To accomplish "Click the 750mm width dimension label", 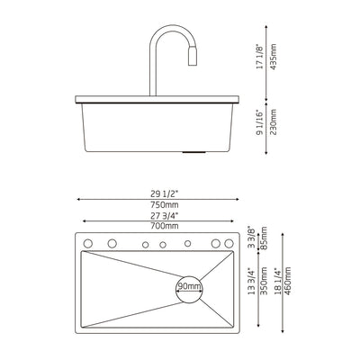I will (164, 203).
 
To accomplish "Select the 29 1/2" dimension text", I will (164, 191).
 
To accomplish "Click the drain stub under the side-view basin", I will (188, 154).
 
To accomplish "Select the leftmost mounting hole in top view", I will (89, 244).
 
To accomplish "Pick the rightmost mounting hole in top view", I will (229, 244).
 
